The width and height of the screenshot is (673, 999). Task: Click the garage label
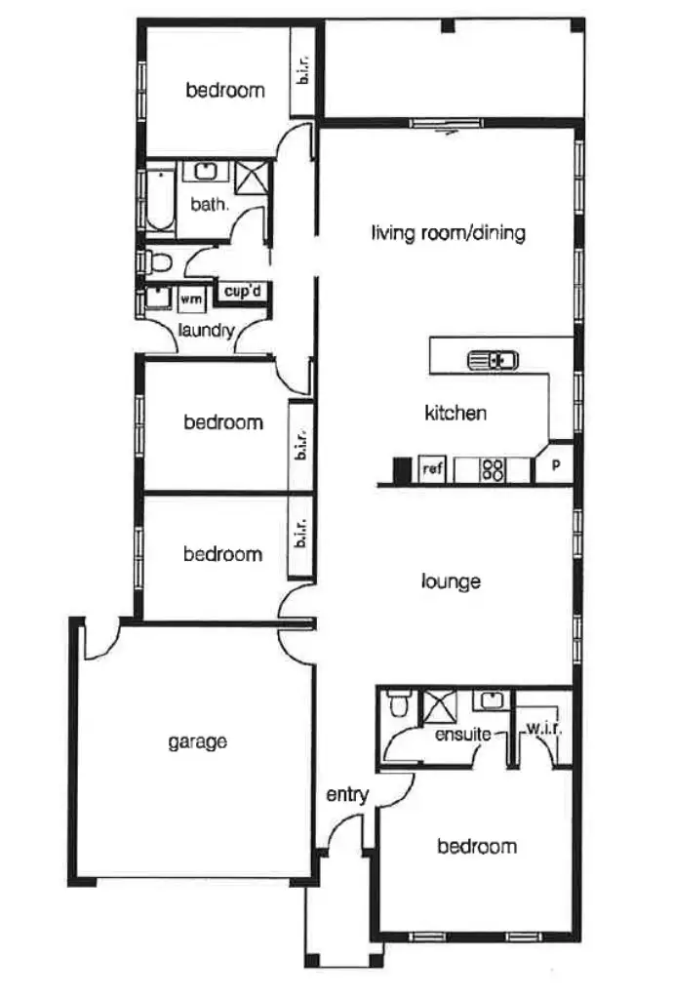[x=197, y=741]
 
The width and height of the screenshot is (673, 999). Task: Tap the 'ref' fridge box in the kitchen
[x=432, y=469]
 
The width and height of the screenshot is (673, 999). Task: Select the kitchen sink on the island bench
[x=493, y=360]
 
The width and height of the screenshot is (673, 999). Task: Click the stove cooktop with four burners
[x=494, y=470]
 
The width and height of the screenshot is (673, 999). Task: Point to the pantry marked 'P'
[x=556, y=465]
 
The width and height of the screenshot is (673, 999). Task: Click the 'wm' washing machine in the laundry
[x=191, y=300]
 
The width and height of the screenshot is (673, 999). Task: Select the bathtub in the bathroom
[x=159, y=200]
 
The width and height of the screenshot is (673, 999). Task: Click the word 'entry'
[x=347, y=795]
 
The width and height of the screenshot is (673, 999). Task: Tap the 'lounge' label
[x=451, y=581]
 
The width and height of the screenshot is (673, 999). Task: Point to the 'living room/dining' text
[x=449, y=233]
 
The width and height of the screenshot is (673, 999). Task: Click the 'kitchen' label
[x=455, y=413]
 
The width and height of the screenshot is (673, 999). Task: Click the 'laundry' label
[x=207, y=330]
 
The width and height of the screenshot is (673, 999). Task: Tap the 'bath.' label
[x=210, y=205]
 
